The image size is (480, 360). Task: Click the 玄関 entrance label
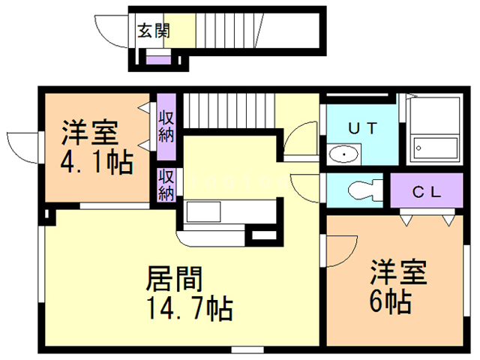153,31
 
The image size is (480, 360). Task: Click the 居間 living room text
175,280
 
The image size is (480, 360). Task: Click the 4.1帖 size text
97,162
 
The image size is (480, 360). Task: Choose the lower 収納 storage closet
166,184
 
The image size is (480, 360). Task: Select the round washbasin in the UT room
344,154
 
